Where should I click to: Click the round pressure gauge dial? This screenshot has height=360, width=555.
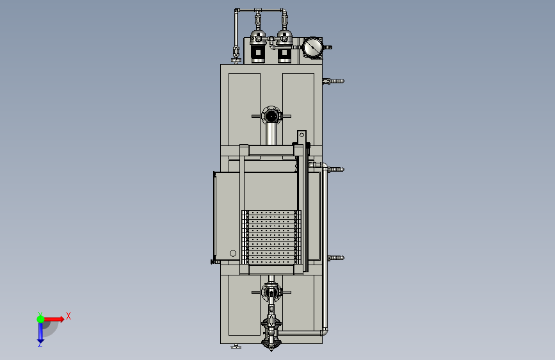[x=312, y=47]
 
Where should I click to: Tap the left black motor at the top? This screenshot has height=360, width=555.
[x=258, y=53]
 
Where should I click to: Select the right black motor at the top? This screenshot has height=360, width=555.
[x=284, y=53]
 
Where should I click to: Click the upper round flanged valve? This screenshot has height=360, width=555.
[x=271, y=115]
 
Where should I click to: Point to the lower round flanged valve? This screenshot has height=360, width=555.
[x=271, y=292]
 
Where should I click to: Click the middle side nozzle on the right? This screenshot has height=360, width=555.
[x=336, y=169]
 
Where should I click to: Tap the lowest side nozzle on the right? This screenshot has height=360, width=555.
[x=336, y=258]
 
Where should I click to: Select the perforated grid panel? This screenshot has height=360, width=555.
[x=271, y=237]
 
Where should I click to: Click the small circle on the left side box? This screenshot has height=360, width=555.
[x=233, y=253]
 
